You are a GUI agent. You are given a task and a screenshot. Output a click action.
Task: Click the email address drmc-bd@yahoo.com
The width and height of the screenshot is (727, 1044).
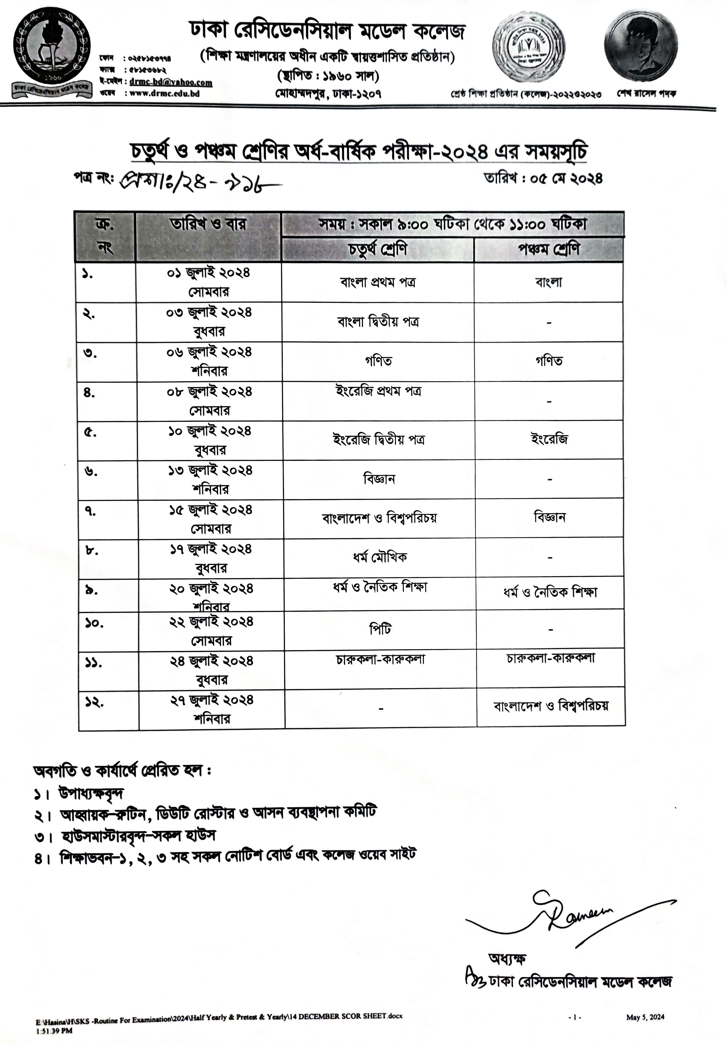171,82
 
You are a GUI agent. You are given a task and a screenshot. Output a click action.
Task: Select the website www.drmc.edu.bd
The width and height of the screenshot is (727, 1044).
164,94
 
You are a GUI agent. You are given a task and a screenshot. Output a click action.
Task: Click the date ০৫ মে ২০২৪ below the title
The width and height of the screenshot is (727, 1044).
543,178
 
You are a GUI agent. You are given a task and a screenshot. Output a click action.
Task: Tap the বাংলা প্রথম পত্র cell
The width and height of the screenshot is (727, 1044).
378,282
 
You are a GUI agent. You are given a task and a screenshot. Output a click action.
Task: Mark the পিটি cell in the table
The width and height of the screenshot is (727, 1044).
380,629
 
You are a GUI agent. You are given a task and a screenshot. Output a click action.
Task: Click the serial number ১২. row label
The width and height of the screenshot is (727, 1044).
94,703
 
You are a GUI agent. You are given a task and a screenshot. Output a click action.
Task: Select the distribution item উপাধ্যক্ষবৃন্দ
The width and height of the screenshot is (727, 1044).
91,794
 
